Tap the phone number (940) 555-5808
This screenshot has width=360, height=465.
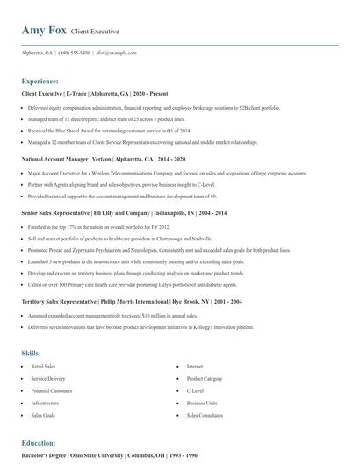point(75,53)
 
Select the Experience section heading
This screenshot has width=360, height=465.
point(47,81)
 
